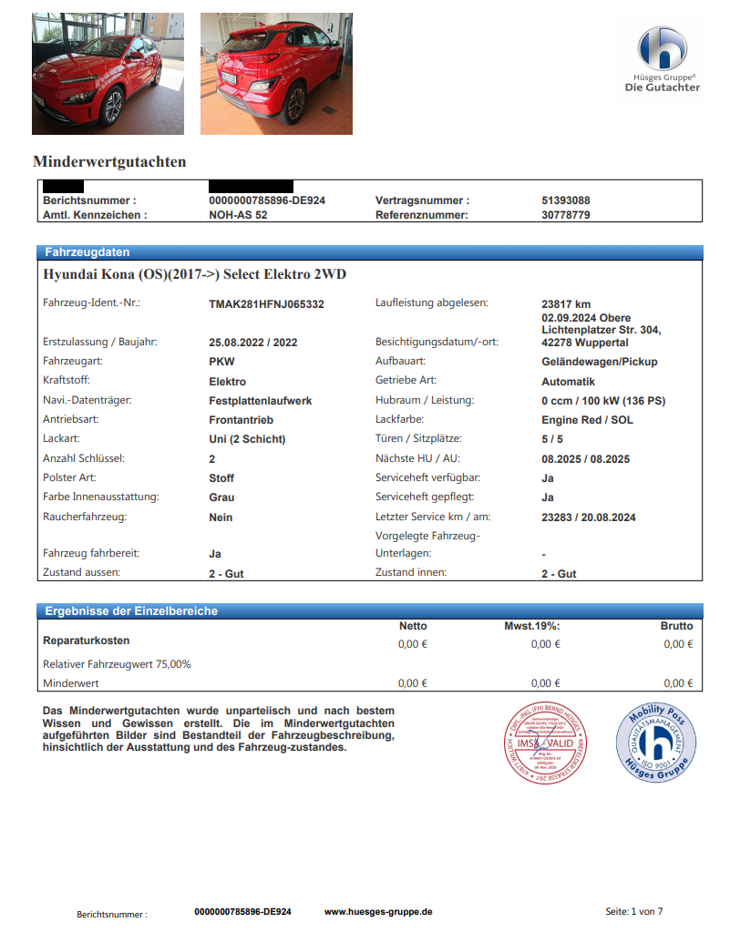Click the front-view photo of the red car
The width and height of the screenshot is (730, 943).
108,74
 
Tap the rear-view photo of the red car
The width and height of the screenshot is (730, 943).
276,74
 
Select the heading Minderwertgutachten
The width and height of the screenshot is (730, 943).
109,162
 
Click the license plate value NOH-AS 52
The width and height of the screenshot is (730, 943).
238,215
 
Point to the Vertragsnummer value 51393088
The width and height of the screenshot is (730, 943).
565,200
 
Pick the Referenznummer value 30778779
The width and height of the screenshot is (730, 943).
565,215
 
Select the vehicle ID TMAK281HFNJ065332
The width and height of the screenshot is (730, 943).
266,304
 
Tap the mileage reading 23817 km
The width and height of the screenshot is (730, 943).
566,304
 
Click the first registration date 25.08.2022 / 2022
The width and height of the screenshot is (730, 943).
253,343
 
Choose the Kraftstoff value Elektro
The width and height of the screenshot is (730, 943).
227,382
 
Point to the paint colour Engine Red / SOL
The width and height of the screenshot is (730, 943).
587,420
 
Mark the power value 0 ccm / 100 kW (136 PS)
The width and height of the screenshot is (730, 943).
602,401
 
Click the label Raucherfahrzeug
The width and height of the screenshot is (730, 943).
85,517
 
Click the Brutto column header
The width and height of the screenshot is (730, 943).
676,626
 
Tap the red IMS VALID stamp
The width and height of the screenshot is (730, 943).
544,743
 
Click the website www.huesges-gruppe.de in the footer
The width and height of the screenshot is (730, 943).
378,911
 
